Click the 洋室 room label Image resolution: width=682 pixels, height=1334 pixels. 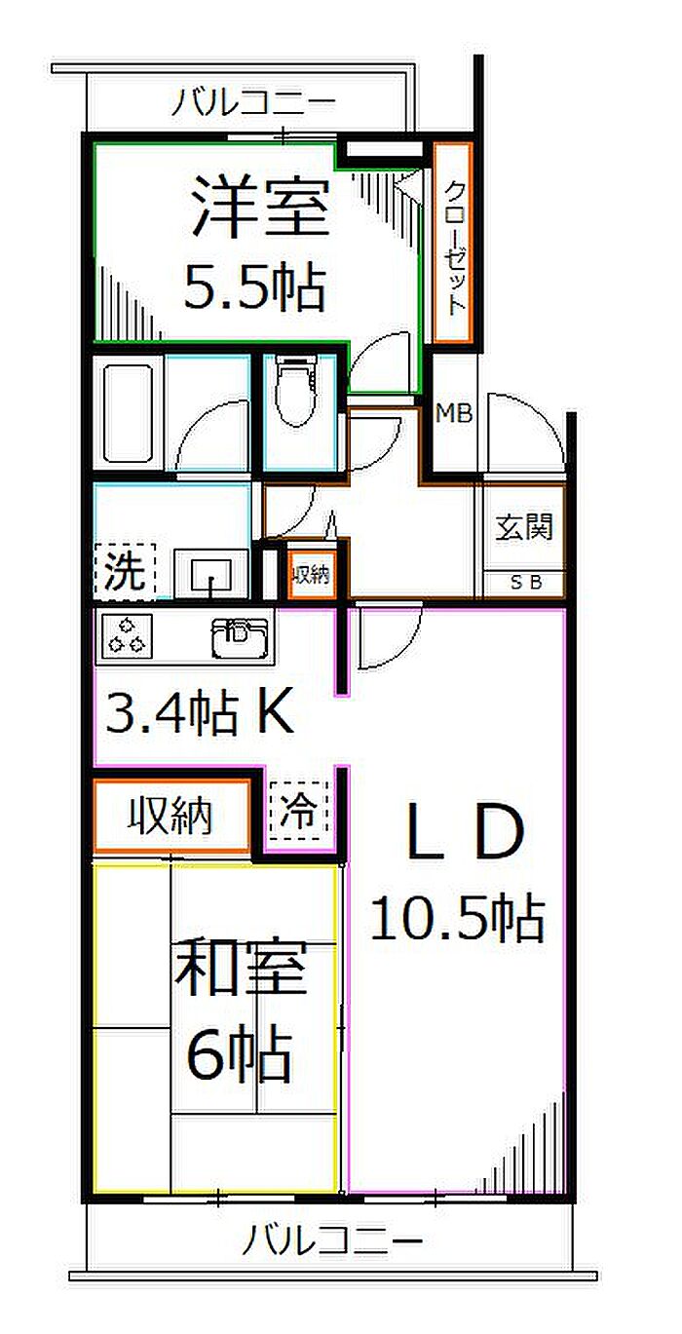261,208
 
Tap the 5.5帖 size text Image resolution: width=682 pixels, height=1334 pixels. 255,287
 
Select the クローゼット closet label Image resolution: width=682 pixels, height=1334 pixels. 454,248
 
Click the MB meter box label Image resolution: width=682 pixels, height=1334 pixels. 454,413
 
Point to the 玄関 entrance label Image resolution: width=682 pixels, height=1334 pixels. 524,527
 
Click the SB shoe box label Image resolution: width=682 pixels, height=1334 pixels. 526,583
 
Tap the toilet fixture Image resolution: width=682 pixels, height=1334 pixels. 298,391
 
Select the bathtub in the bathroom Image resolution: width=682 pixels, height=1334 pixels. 130,413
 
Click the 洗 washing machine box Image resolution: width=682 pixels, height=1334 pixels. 125,571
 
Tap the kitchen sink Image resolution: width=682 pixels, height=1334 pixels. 240,638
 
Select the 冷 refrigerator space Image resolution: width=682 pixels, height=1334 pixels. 299,811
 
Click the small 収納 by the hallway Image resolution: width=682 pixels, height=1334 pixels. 312,575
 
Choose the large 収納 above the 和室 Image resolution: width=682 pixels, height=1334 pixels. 170,816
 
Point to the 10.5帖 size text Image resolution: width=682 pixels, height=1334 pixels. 458,919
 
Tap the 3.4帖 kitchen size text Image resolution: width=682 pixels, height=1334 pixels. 200,712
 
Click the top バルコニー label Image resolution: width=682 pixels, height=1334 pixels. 253,102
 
